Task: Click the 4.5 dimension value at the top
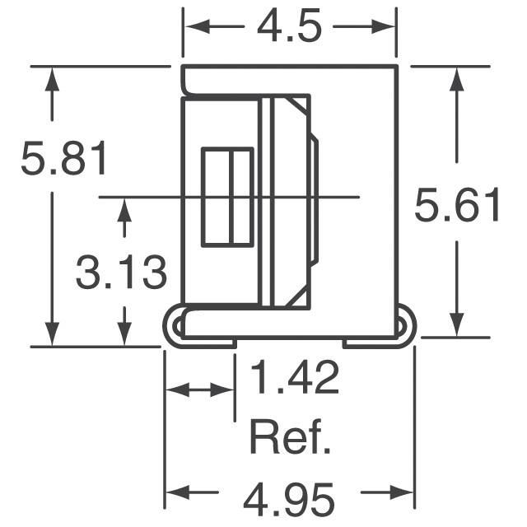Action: [289, 26]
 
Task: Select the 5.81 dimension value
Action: [64, 158]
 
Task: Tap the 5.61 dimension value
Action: [458, 205]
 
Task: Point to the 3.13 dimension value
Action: [121, 273]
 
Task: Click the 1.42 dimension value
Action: [295, 377]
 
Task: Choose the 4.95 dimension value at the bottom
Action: [289, 500]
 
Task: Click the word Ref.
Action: [290, 437]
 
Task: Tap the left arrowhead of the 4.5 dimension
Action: [198, 26]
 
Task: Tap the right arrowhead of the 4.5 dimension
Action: [383, 26]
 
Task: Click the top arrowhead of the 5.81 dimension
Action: [52, 79]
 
